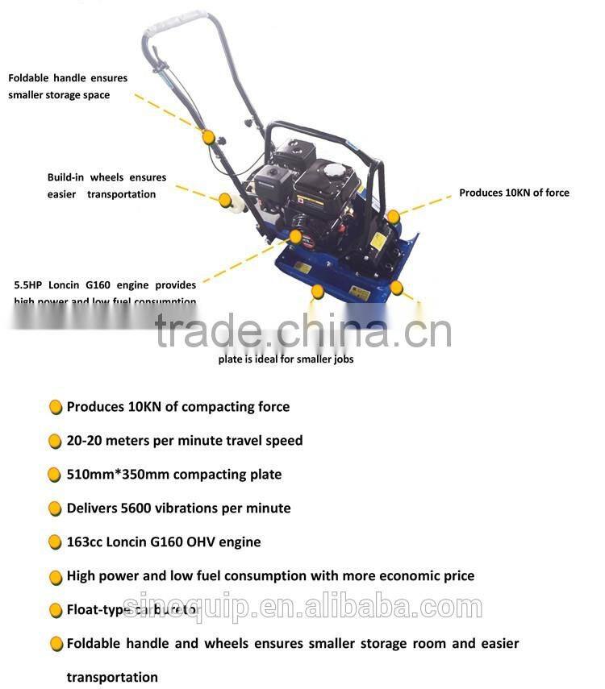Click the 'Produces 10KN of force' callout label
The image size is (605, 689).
point(514,193)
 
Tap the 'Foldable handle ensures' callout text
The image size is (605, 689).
point(68,78)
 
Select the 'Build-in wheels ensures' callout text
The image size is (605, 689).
point(106,177)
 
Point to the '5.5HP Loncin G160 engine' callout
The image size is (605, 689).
point(105,285)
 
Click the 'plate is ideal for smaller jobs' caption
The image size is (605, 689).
point(286,359)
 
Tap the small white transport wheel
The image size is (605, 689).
point(237,208)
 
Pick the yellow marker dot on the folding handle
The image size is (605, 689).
point(209,138)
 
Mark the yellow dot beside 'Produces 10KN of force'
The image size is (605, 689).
point(393,216)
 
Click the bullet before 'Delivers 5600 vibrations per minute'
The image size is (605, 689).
point(55,508)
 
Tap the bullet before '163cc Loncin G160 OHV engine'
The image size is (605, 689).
point(55,542)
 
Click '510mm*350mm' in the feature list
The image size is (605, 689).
point(118,475)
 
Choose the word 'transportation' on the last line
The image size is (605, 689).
point(112,677)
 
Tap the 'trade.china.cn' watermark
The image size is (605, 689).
point(302,331)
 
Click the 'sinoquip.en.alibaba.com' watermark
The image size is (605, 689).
point(302,607)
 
